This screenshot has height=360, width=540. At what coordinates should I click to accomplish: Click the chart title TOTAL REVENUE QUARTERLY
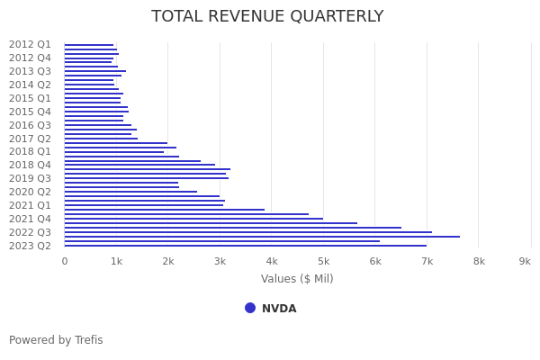click(x=267, y=17)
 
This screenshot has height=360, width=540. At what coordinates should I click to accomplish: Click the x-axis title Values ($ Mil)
click(x=297, y=279)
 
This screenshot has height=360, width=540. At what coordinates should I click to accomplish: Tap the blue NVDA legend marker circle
click(x=250, y=308)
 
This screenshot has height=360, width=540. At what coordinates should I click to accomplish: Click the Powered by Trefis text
click(x=56, y=340)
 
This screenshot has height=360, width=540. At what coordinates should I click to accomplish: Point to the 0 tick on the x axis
click(x=64, y=261)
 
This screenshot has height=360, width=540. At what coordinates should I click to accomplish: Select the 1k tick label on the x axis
click(x=116, y=261)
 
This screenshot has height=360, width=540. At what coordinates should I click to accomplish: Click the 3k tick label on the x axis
click(x=220, y=261)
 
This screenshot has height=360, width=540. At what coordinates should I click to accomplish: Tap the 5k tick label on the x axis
click(x=323, y=261)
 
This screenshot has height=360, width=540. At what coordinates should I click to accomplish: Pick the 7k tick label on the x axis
click(x=427, y=261)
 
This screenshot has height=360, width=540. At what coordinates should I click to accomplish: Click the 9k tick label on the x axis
click(x=525, y=261)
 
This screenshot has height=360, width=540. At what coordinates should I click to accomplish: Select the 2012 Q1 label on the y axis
click(x=30, y=44)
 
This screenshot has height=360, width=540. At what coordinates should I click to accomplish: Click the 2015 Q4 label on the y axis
click(x=30, y=112)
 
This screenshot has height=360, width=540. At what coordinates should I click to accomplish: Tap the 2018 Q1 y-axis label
click(x=30, y=152)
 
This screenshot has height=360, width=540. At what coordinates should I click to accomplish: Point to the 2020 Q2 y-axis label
click(x=30, y=192)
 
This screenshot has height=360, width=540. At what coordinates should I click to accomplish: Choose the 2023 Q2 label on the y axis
click(x=30, y=246)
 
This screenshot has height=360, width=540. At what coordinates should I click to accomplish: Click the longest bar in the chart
click(x=261, y=237)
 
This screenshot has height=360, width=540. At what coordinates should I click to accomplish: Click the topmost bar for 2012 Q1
click(x=88, y=45)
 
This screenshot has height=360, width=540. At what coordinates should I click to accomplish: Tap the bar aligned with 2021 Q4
click(x=193, y=219)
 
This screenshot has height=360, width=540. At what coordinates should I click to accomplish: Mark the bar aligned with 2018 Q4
click(x=139, y=166)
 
